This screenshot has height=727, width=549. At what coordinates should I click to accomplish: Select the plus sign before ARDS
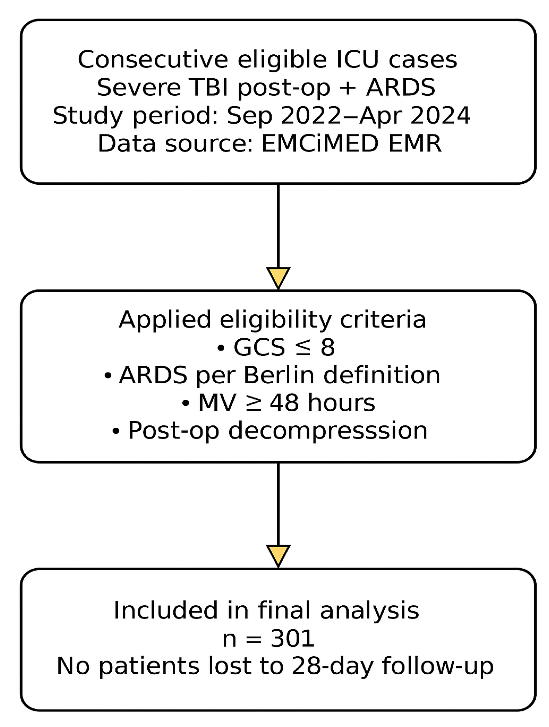348,88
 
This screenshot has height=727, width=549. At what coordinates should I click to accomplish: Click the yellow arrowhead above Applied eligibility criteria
278,277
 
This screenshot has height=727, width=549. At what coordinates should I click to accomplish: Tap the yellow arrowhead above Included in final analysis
278,555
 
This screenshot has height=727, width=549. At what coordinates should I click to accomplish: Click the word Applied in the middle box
164,320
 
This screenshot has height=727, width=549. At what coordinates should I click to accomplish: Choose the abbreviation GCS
259,347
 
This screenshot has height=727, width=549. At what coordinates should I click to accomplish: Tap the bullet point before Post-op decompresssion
116,431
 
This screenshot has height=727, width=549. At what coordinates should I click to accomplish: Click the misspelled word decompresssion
328,431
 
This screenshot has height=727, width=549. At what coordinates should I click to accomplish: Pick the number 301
292,639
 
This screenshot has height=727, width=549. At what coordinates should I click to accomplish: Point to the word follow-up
438,666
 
